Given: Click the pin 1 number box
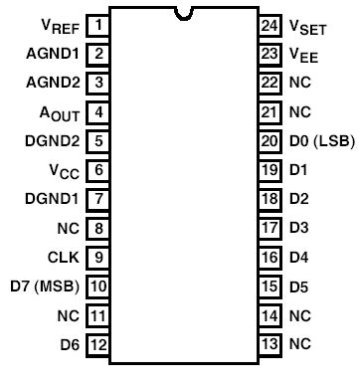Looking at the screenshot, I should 97,23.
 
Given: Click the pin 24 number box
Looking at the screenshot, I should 269,23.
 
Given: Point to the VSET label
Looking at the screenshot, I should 309,24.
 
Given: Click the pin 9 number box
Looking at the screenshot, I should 97,258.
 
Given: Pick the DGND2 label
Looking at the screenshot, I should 52,140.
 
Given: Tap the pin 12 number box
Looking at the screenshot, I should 97,345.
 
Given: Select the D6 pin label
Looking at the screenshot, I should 69,345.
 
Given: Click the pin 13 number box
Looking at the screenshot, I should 269,345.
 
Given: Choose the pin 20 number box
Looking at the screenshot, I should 269,140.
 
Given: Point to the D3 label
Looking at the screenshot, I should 298,228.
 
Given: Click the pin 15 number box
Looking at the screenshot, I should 269,287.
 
